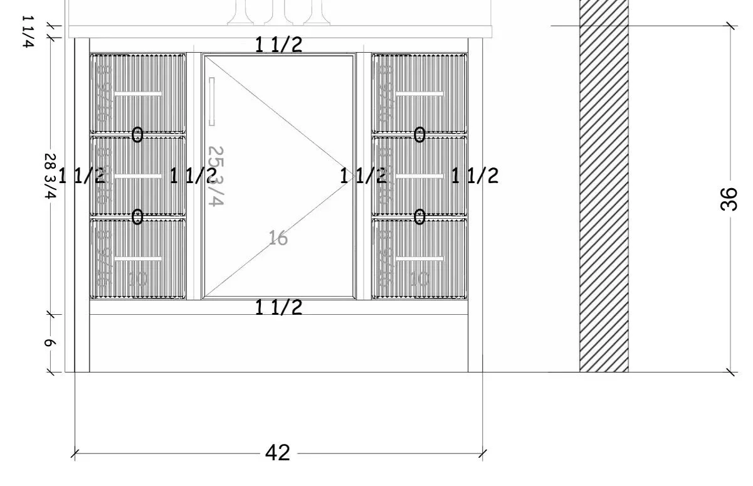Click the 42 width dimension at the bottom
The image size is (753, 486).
click(x=278, y=453)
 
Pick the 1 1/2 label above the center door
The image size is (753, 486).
click(x=278, y=45)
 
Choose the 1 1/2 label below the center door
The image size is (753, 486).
click(x=278, y=307)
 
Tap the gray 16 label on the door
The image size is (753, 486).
click(x=278, y=238)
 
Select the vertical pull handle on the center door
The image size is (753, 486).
click(x=212, y=101)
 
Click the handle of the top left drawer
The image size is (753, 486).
click(x=138, y=94)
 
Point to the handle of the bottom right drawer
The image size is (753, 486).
click(x=419, y=258)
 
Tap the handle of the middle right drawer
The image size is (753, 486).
click(x=419, y=177)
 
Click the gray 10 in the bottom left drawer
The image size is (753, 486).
click(x=137, y=279)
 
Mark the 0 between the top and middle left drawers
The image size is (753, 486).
click(x=137, y=134)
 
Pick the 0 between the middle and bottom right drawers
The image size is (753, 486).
click(x=419, y=218)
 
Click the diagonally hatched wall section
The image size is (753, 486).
click(x=603, y=188)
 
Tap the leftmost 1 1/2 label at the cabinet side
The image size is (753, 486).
click(x=82, y=176)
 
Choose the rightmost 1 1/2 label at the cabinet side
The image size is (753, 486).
click(x=475, y=176)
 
